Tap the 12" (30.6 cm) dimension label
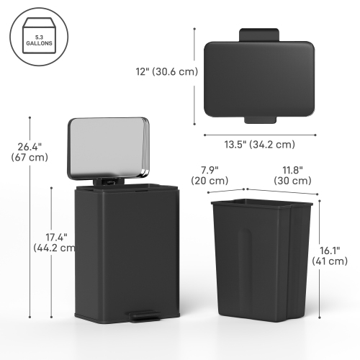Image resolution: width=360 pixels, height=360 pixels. point(165,71)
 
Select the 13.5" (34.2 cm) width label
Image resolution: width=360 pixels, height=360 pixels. point(259,143)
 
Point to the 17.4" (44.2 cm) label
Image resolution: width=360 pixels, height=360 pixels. point(55,242)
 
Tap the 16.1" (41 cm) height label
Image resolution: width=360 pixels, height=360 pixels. point(339,256)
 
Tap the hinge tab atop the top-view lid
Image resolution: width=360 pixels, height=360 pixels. point(259,34)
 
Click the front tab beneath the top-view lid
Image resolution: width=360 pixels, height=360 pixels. point(259,117)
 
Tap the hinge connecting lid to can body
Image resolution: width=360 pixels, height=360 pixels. point(107,181)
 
